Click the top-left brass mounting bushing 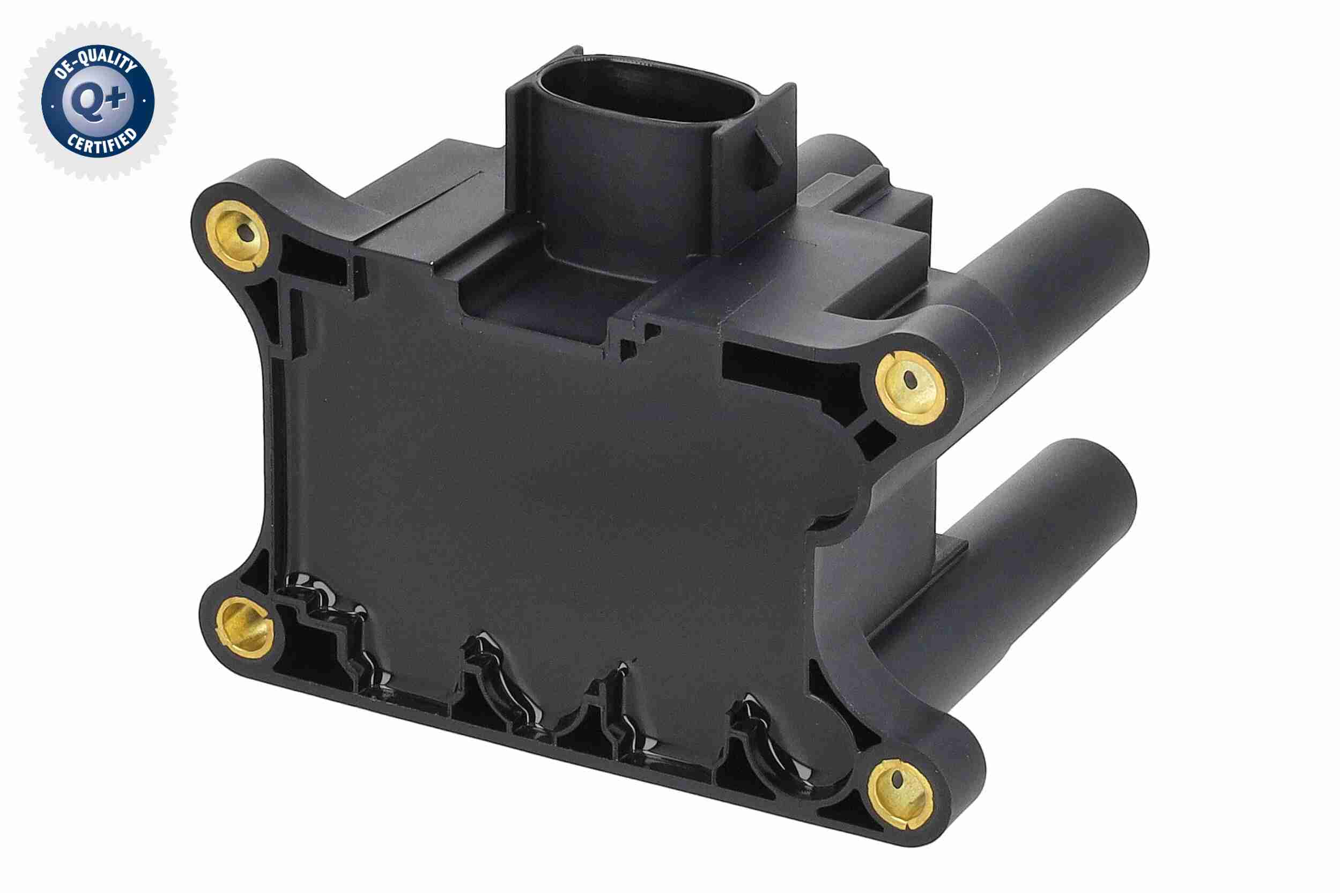click(x=238, y=235)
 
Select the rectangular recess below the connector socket click(x=536, y=310)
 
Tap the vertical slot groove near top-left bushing click(x=358, y=279)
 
